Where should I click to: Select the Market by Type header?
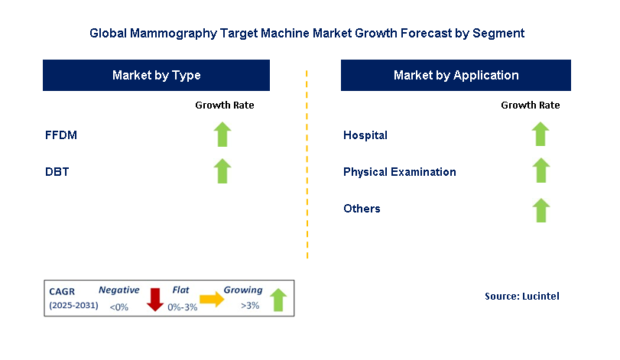156,75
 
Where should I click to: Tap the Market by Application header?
456,75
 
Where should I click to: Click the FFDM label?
61,135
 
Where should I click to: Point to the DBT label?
57,172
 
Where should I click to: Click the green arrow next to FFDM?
222,135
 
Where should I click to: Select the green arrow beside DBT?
222,171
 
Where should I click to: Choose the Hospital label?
365,135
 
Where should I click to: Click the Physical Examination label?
400,172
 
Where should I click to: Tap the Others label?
362,209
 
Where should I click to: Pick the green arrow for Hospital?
540,135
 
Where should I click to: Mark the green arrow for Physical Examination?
540,171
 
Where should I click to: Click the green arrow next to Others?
540,209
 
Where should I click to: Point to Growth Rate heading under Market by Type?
225,105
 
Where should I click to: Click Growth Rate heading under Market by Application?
531,105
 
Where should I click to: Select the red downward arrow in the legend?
155,300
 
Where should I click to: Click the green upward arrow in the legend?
278,300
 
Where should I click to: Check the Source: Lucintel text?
522,296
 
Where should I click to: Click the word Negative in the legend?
118,290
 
